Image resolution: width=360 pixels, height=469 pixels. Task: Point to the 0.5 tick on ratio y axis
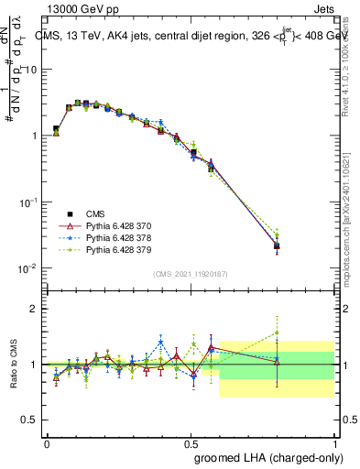coord(30,420)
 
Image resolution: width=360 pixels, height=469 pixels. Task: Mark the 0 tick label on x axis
coord(47,443)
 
